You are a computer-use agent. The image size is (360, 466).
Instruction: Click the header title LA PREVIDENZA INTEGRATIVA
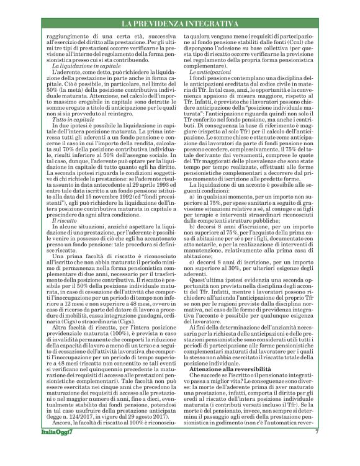(179, 24)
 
